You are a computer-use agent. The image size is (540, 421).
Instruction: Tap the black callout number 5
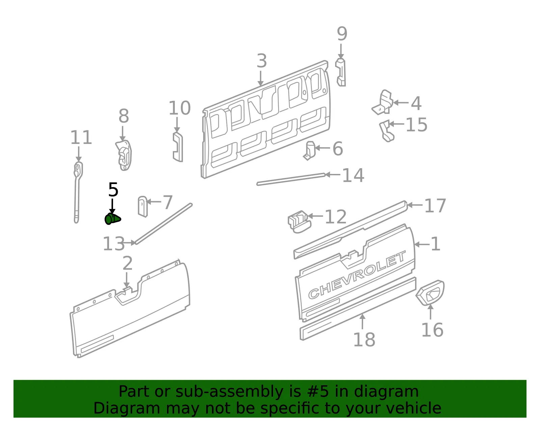point(113,190)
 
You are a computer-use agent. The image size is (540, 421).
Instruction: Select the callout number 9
point(342,34)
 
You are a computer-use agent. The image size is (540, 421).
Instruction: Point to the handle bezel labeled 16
point(430,292)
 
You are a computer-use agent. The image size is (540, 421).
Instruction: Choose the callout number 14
point(353,175)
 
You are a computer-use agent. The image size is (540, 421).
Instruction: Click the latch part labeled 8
point(124,155)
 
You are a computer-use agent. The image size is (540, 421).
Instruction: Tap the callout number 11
point(81,137)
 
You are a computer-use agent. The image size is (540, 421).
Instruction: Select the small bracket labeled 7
point(143,206)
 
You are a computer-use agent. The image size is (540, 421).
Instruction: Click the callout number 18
point(364,340)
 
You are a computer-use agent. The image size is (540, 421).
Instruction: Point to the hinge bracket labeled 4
point(383,102)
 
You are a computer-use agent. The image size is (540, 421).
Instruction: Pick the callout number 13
point(113,243)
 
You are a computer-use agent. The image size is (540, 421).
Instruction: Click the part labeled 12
point(299,221)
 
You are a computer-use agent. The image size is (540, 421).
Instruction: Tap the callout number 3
point(262,61)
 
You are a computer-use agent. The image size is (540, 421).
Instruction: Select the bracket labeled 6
point(309,150)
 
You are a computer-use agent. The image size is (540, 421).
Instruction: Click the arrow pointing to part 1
point(422,244)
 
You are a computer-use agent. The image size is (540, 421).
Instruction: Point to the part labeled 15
point(387,131)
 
